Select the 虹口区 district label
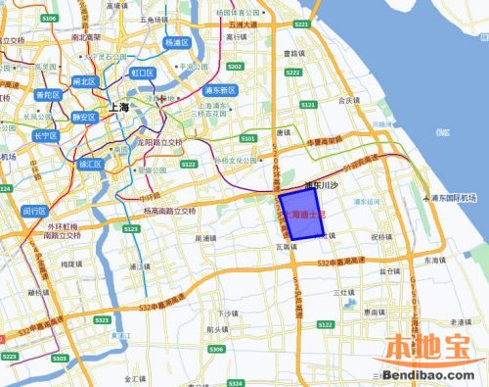click(x=143, y=73)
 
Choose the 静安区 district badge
click(x=81, y=118)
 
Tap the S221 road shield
click(x=300, y=24)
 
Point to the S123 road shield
click(x=129, y=228)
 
